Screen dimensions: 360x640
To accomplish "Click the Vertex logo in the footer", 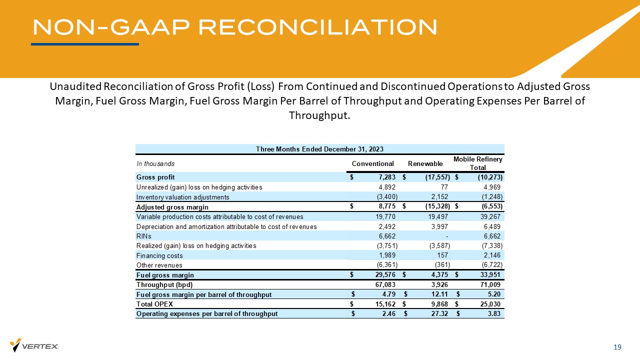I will coord(34,345).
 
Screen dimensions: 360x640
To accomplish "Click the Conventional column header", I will coord(373,163).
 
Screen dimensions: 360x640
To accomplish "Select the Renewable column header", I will coord(425,163).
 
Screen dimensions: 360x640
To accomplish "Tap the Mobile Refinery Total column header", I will coord(477,163).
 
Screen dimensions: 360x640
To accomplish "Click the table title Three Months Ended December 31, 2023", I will coord(320,149).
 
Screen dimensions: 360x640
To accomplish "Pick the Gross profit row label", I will coord(155,177).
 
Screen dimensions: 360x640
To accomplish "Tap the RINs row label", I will coord(144,236).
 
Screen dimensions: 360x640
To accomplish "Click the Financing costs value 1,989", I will coord(387,255).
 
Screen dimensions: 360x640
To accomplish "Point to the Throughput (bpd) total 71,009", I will coord(490,284).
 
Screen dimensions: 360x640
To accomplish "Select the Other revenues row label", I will coord(159,265).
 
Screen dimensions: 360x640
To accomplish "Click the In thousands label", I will coord(155,163).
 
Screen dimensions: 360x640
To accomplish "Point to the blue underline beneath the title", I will coord(85,44).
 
